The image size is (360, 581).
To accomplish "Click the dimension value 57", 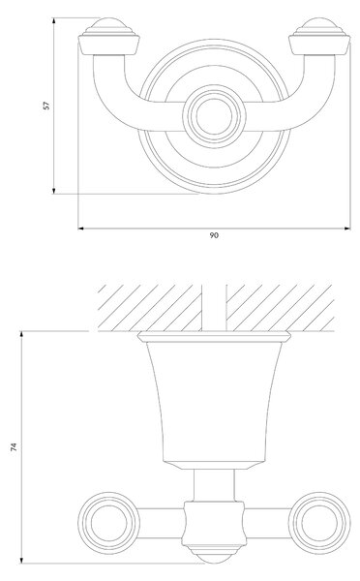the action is coord(46,106).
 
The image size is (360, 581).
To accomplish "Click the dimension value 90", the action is coord(214,235).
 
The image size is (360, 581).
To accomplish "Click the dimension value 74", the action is coord(15,446).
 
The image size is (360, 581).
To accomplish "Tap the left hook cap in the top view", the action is coord(109,37).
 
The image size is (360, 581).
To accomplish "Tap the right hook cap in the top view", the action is coord(319,37).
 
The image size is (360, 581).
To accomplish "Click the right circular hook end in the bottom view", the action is coord(319,523).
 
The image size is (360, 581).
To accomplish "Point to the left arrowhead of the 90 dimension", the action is coord(81,229).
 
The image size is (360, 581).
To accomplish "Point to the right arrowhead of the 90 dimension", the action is coord(347,229).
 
